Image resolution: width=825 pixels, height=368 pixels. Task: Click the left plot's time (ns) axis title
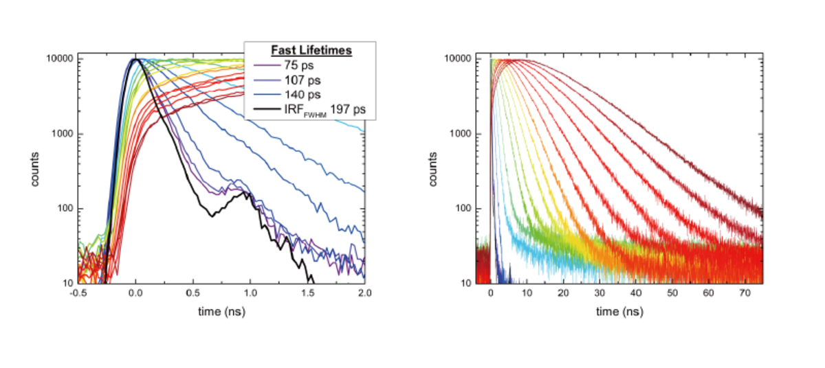221,312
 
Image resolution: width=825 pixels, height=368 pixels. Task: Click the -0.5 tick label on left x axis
78,293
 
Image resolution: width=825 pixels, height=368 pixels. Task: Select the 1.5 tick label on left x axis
307,293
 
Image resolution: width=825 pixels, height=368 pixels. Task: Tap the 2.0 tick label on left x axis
365,293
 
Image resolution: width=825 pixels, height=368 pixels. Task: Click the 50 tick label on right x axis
672,293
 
